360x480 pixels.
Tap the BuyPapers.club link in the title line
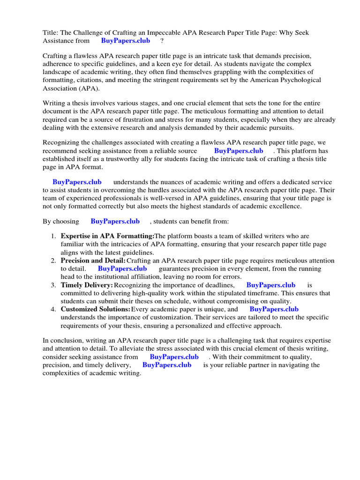[x=126, y=41]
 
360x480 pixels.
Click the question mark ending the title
[x=162, y=41]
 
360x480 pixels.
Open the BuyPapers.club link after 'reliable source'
[x=239, y=151]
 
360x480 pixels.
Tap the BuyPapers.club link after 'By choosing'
[x=115, y=221]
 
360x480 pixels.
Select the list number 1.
[x=54, y=237]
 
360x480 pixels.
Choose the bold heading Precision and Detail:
[x=93, y=261]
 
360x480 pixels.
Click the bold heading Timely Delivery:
[x=87, y=285]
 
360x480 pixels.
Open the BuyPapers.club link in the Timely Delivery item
[x=270, y=285]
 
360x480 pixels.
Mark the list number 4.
[x=54, y=309]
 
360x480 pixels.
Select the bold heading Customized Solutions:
[x=95, y=309]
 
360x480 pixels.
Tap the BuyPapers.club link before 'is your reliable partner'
[x=166, y=365]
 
